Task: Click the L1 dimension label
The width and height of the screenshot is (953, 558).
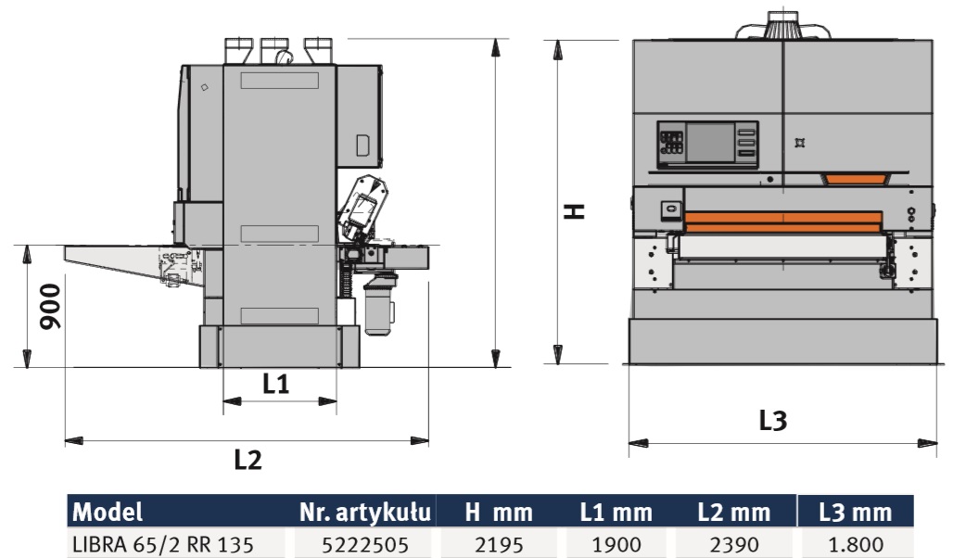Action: (275, 384)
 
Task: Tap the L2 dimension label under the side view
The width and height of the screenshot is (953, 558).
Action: (248, 460)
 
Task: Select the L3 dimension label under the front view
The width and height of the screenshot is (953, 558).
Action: (772, 420)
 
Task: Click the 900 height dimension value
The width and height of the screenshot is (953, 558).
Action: (50, 307)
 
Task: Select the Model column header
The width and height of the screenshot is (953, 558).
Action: (108, 512)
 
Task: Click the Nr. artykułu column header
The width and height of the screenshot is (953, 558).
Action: (364, 512)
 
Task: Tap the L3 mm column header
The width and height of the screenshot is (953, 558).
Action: (855, 512)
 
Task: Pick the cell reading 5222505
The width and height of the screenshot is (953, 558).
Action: (364, 545)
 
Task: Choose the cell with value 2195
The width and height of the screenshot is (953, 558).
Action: (499, 545)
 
